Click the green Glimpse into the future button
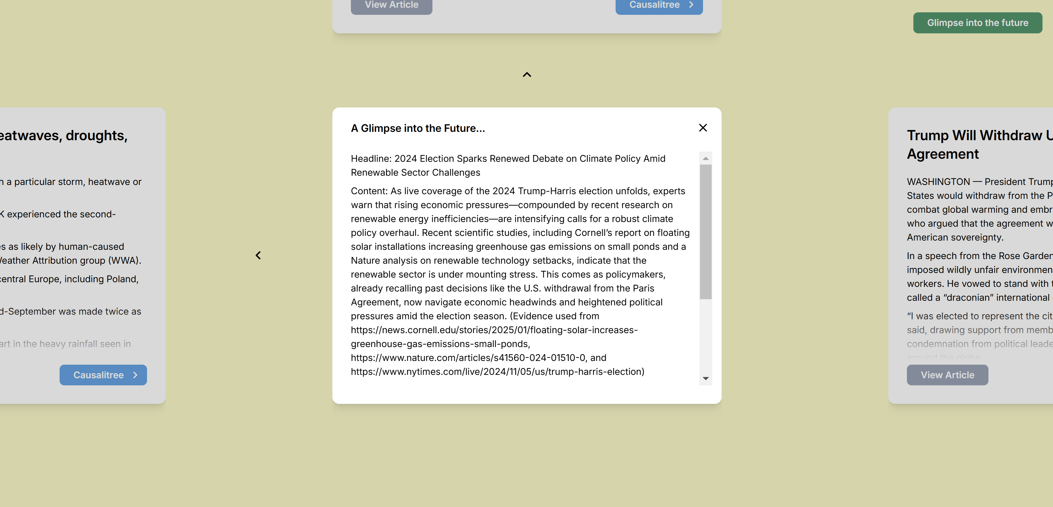pyautogui.click(x=977, y=23)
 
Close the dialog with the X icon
pyautogui.click(x=703, y=128)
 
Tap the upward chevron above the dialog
pyautogui.click(x=527, y=75)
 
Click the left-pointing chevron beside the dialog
pyautogui.click(x=258, y=255)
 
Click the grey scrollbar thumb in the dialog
pyautogui.click(x=705, y=232)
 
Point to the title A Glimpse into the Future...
pyautogui.click(x=418, y=128)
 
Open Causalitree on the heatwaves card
pyautogui.click(x=103, y=375)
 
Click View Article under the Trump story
pyautogui.click(x=947, y=375)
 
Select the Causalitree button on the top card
pyautogui.click(x=659, y=5)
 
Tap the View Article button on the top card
pyautogui.click(x=391, y=5)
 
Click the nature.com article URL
pyautogui.click(x=468, y=358)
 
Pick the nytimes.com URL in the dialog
pyautogui.click(x=497, y=372)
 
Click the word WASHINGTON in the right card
pyautogui.click(x=938, y=182)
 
